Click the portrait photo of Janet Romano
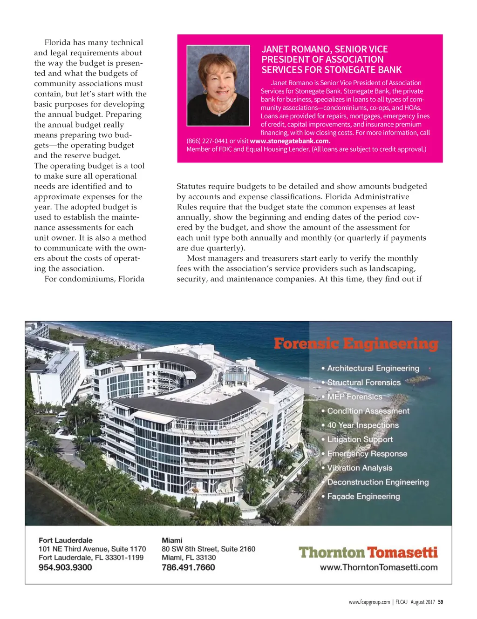218,85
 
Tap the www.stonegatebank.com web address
290,141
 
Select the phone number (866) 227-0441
207,141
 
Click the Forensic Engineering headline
356,344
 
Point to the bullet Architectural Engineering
373,368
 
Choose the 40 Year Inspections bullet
362,425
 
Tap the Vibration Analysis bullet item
359,468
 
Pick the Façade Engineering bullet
363,497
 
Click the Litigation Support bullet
360,439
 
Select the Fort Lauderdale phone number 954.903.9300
65,567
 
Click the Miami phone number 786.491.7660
188,567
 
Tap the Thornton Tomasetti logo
368,552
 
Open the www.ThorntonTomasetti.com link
378,567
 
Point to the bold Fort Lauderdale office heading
65,540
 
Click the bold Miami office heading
172,540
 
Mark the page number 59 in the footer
441,602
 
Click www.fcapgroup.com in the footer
369,602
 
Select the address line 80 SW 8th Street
208,549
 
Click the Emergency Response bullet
367,454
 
